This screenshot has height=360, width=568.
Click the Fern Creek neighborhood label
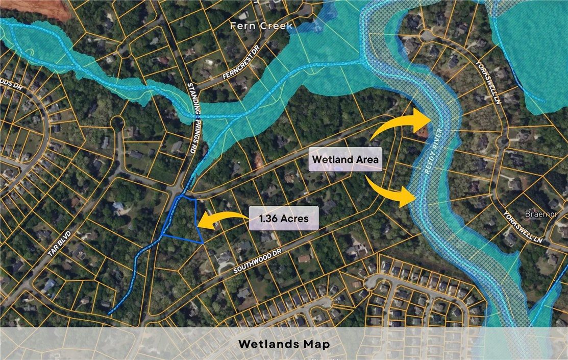point(261,26)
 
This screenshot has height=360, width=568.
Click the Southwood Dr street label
point(258,260)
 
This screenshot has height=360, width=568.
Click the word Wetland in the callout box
point(331,160)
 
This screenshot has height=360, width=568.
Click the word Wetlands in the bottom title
point(267,344)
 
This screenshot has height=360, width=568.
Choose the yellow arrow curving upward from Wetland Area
point(403,123)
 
